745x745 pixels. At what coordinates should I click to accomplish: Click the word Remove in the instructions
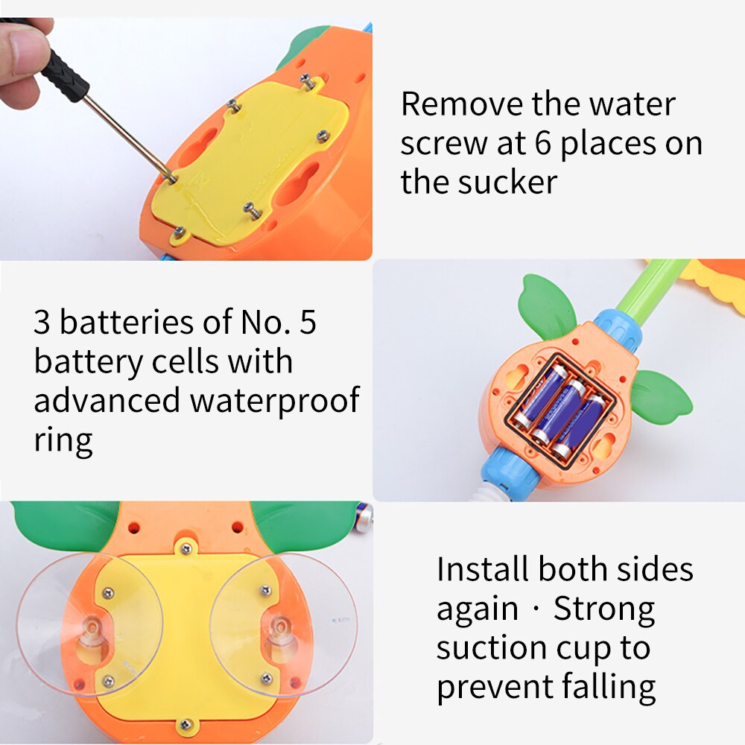[461, 104]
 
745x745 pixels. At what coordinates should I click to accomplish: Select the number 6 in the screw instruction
[543, 143]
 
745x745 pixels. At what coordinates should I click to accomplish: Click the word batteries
[127, 322]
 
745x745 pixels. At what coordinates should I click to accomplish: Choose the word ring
[63, 441]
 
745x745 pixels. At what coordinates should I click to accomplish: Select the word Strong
[604, 609]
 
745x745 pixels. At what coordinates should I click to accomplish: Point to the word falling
[609, 688]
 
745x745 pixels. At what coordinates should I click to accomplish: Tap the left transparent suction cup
[90, 624]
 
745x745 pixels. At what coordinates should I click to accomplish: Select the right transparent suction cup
[284, 624]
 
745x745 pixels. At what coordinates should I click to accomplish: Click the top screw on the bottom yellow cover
[186, 549]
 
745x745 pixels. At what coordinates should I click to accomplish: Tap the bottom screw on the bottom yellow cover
[186, 725]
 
